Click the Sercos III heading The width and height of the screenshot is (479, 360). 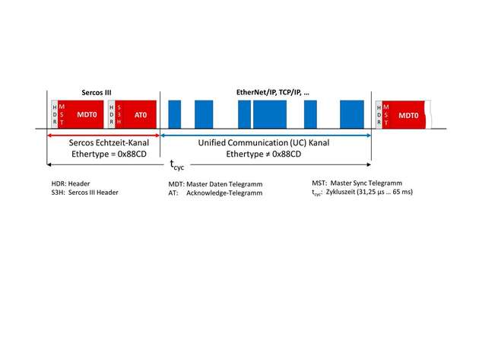(x=97, y=93)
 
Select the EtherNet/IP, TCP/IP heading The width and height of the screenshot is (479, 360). (x=273, y=92)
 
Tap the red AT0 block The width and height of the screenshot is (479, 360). (x=135, y=114)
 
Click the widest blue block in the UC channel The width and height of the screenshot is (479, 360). (x=270, y=114)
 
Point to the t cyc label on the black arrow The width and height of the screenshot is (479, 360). (x=177, y=165)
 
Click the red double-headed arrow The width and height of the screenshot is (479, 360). (x=103, y=135)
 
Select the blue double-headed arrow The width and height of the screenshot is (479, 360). (x=265, y=135)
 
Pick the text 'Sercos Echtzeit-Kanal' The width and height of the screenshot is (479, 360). (x=109, y=143)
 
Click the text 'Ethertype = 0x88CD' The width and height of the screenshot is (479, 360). (x=109, y=154)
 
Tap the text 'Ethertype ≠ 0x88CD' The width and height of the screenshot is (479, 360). (x=264, y=154)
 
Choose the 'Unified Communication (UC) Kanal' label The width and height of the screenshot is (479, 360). (x=264, y=143)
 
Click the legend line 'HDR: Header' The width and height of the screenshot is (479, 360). (x=71, y=183)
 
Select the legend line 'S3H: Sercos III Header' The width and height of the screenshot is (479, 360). (x=84, y=193)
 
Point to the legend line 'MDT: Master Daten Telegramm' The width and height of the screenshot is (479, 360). (x=215, y=184)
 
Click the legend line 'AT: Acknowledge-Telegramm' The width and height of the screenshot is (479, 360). (x=215, y=193)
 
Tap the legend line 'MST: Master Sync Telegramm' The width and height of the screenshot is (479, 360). (x=357, y=183)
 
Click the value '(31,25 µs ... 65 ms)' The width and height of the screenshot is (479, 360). (x=385, y=192)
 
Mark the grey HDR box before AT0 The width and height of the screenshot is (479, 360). (x=112, y=114)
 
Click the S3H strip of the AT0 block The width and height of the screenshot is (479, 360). (x=119, y=114)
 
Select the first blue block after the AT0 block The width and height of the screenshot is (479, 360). (x=175, y=114)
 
